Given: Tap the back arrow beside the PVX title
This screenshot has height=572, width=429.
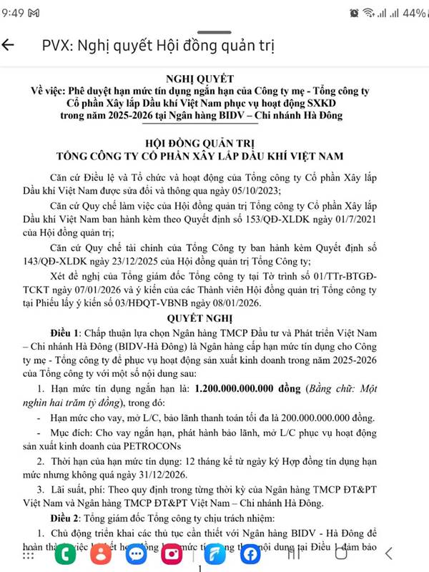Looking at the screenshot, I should tap(9, 45).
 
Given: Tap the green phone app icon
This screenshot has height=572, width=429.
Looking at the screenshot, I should tap(69, 554).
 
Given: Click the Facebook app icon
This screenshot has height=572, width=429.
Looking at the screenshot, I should tap(251, 554).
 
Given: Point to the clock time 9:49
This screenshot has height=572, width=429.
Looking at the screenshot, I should tap(14, 13).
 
